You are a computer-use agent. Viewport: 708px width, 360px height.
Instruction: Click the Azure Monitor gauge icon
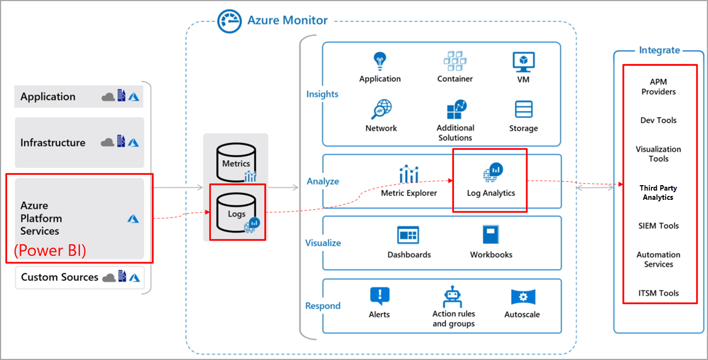click(229, 21)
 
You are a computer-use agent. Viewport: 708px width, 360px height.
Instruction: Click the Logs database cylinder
click(236, 213)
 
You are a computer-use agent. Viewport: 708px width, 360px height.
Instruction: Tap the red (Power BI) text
click(50, 251)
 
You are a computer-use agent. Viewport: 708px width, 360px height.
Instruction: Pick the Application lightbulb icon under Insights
click(379, 61)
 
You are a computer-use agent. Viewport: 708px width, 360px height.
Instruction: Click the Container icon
click(455, 61)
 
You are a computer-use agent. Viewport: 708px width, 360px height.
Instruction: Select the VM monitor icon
click(523, 62)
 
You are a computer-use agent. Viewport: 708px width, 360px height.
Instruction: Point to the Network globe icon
click(381, 110)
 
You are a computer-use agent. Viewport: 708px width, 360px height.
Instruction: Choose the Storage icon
click(523, 110)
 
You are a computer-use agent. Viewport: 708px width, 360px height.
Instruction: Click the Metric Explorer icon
click(408, 174)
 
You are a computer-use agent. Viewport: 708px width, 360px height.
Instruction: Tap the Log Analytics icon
click(492, 173)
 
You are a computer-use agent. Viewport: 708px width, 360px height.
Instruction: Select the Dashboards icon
click(408, 236)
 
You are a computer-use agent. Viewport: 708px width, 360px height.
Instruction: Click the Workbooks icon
click(491, 235)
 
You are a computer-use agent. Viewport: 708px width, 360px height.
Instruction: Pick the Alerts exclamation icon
click(379, 296)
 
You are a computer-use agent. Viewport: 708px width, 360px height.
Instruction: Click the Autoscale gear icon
click(522, 297)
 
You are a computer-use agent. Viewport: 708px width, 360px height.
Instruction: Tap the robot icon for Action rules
click(453, 296)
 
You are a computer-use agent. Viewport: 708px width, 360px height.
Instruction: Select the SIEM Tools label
click(659, 226)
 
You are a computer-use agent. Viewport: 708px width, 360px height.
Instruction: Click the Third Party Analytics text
click(659, 193)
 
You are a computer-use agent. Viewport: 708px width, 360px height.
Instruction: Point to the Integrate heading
click(659, 50)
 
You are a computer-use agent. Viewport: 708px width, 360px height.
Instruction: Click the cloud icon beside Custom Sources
click(109, 277)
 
